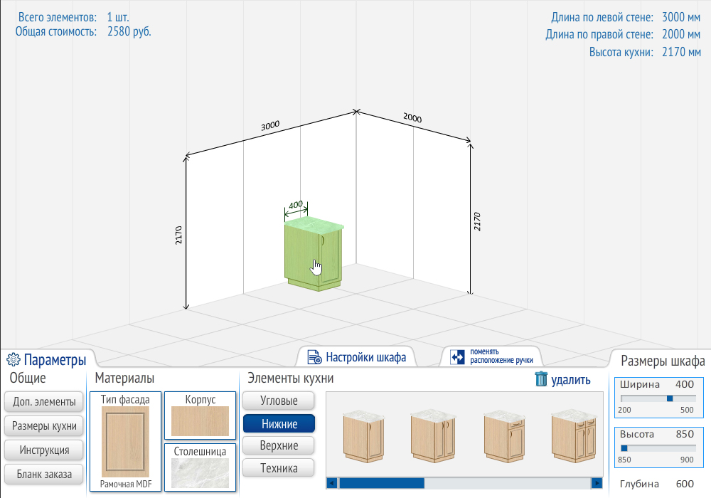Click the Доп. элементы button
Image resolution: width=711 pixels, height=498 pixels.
click(x=44, y=402)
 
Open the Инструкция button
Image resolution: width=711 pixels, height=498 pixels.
click(x=44, y=450)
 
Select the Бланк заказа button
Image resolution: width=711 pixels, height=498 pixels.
click(x=44, y=475)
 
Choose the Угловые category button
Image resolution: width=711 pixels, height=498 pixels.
click(x=279, y=401)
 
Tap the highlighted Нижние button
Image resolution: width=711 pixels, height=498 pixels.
click(x=279, y=423)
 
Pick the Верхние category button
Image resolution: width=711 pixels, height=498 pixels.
click(x=279, y=445)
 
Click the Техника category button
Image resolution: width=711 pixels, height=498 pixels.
click(x=279, y=467)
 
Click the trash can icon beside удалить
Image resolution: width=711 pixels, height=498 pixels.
click(x=541, y=378)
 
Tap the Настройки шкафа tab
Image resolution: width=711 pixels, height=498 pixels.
click(x=356, y=357)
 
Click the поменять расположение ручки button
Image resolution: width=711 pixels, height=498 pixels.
click(x=491, y=356)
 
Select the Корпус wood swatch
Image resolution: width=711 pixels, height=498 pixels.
click(x=200, y=421)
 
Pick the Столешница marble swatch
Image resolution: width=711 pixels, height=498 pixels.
click(x=200, y=473)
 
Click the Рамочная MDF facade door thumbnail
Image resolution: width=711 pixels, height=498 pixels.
click(x=125, y=442)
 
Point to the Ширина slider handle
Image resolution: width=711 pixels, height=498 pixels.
click(x=670, y=398)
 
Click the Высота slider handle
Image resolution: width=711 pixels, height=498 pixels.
click(x=624, y=448)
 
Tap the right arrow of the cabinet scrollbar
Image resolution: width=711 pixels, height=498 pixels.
click(x=597, y=484)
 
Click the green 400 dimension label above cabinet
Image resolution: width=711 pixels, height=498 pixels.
click(x=296, y=205)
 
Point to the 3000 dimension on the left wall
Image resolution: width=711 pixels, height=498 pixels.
click(x=270, y=125)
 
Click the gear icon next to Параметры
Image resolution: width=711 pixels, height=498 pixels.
click(x=14, y=359)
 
